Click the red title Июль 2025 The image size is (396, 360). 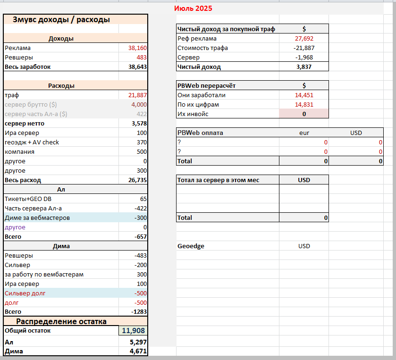[193, 8]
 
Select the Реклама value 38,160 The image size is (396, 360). [137, 48]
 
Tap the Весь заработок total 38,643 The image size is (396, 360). [137, 67]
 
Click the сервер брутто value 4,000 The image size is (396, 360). [139, 105]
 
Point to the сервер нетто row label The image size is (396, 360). [25, 124]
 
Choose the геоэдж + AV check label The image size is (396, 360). [32, 142]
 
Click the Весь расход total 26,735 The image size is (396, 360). [137, 180]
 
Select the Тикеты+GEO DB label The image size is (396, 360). [28, 199]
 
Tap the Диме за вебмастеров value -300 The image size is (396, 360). [141, 218]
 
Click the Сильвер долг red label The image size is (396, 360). [25, 293]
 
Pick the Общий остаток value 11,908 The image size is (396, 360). [134, 330]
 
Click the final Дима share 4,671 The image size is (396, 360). [138, 351]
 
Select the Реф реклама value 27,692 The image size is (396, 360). [304, 39]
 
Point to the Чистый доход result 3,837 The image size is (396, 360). [304, 67]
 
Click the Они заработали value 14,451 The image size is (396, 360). [304, 95]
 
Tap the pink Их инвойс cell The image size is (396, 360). [304, 114]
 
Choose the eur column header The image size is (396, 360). [304, 133]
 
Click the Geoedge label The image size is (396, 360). [191, 246]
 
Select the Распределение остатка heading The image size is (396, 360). [61, 321]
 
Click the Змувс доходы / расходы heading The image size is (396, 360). [61, 20]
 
